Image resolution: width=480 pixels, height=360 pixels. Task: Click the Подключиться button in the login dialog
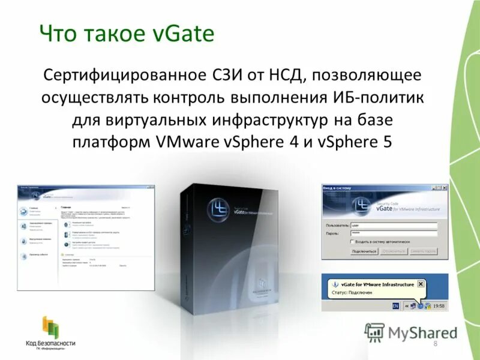click(x=364, y=251)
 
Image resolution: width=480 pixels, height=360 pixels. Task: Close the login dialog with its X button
click(x=444, y=188)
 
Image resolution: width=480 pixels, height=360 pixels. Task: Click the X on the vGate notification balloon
click(x=421, y=284)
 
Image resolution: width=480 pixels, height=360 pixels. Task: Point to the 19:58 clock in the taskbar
click(x=438, y=306)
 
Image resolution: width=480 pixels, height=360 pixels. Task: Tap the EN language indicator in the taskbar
click(x=395, y=306)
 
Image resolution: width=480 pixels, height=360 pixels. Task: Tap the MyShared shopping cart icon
click(x=374, y=332)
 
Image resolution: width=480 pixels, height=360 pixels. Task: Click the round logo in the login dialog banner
click(x=362, y=206)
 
